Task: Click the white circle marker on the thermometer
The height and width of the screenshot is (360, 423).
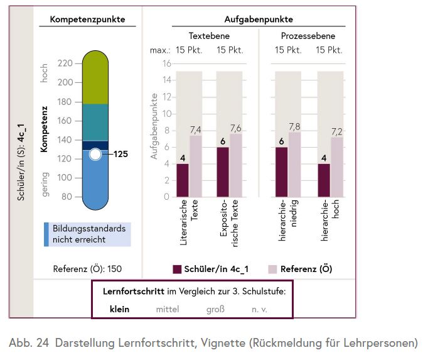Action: tap(95, 154)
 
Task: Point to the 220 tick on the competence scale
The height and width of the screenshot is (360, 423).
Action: tap(65, 63)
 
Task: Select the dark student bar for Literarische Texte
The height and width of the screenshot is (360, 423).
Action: tap(182, 180)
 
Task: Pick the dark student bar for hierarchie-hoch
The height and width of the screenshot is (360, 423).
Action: tap(324, 180)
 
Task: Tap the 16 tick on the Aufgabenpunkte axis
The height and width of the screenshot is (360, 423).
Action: tap(166, 63)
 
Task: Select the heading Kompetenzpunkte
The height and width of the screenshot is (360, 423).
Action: tap(87, 19)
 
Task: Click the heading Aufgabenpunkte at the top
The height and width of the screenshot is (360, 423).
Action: tap(258, 19)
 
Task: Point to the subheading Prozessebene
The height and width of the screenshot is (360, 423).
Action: tap(309, 36)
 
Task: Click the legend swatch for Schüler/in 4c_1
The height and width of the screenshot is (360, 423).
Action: tap(177, 269)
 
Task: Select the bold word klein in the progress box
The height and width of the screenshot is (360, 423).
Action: tap(119, 308)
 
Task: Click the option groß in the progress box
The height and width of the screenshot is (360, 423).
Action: tap(215, 308)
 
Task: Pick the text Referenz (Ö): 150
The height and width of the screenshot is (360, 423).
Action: tap(87, 269)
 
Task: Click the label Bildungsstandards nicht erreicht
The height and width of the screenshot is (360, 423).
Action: tap(88, 234)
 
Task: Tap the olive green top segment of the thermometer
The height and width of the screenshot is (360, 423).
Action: tap(95, 79)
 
